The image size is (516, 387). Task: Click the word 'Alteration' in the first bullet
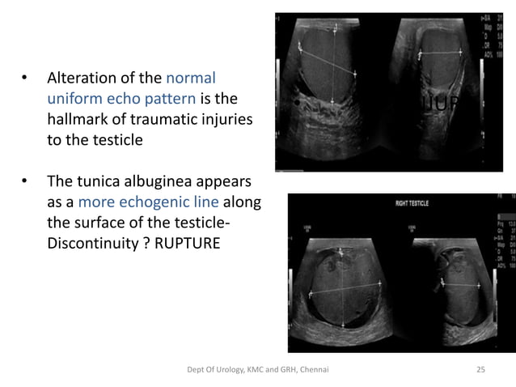[x=81, y=80]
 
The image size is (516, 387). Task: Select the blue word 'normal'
[x=191, y=80]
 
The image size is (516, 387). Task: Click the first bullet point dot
[x=24, y=81]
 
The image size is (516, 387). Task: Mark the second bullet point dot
[x=24, y=182]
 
